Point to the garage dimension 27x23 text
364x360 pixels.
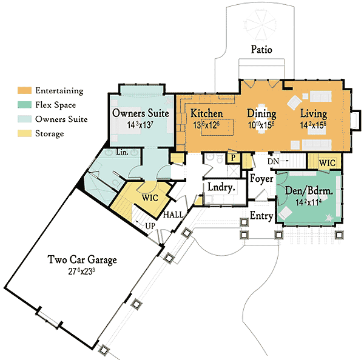(83, 272)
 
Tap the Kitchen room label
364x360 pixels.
(206, 113)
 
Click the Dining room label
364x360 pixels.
(261, 113)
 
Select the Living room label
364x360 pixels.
(312, 113)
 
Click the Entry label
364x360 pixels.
(261, 216)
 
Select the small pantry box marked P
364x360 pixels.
(232, 157)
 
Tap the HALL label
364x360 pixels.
(174, 215)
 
